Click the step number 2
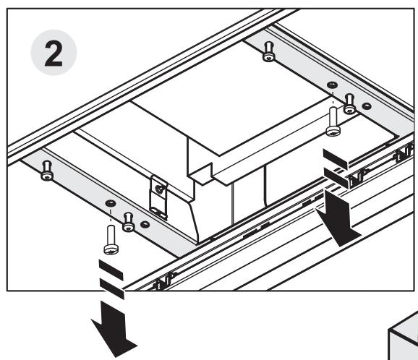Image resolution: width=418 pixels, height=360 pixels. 54,53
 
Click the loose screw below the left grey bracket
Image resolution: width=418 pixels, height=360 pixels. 111,240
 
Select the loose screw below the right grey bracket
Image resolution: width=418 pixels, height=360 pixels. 333,121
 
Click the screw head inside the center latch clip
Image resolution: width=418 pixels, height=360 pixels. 160,189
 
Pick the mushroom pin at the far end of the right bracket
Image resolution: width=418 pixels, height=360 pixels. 269,52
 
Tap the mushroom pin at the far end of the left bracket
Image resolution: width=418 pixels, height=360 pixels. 47,171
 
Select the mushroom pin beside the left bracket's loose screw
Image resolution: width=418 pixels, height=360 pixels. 129,222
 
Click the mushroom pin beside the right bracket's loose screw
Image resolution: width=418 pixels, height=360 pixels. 349,104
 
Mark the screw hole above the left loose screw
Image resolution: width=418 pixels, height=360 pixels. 111,203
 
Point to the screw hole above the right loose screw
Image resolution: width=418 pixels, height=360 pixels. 332,85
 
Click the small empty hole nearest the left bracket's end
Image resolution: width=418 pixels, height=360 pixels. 145,224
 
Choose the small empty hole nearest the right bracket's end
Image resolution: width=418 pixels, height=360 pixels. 367,106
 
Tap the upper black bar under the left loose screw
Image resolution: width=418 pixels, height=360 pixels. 111,270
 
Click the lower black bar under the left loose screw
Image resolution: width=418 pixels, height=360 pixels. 112,289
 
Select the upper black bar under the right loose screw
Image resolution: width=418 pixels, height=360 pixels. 336,159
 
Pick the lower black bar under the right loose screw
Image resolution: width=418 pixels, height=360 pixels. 336,178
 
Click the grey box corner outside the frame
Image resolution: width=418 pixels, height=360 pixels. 403,337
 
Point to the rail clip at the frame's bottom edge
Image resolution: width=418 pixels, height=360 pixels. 163,281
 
